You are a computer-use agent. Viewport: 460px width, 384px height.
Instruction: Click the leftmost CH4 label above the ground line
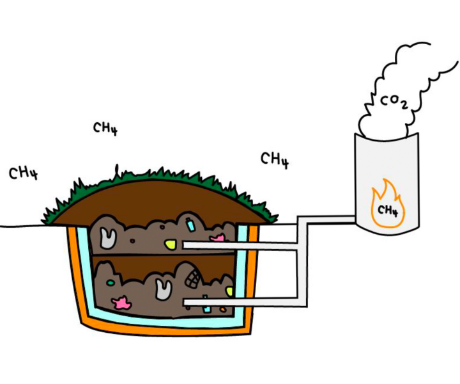click(23, 173)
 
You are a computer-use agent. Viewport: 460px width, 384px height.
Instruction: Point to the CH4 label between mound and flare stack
click(275, 159)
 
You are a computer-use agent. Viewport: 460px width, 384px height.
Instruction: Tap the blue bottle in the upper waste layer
click(190, 225)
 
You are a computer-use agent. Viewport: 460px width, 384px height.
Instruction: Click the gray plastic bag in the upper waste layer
click(107, 238)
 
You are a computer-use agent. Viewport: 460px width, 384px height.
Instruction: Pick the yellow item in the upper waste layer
click(171, 243)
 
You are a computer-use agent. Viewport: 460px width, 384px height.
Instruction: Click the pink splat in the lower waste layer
click(120, 303)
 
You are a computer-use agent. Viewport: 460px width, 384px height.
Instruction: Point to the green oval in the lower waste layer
click(111, 282)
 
